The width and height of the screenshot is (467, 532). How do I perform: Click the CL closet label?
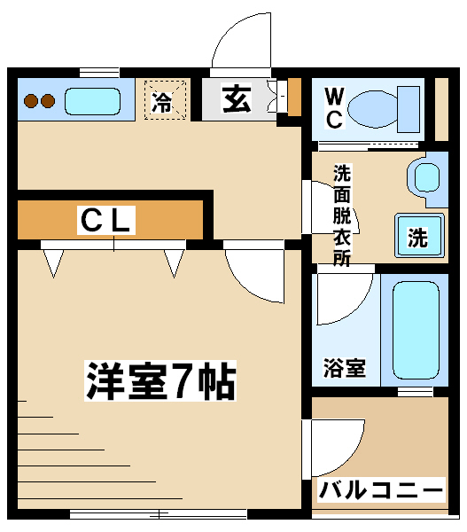click(106, 220)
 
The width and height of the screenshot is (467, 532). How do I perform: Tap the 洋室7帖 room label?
click(160, 380)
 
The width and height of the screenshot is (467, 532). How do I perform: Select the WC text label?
click(334, 108)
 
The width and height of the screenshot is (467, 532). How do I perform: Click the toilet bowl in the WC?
click(372, 109)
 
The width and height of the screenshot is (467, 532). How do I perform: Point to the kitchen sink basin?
click(92, 101)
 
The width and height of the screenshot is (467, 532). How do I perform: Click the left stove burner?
click(31, 101)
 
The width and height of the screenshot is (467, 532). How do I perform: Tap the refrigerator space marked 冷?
click(165, 99)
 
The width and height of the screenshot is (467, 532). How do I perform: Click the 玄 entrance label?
click(237, 98)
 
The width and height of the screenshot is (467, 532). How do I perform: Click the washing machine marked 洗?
click(419, 235)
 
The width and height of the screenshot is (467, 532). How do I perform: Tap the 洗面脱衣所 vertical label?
click(342, 215)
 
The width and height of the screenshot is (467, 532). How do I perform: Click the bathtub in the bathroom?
click(416, 330)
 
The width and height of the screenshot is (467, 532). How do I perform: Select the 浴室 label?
click(345, 368)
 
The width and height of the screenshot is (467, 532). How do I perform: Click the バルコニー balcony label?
click(381, 490)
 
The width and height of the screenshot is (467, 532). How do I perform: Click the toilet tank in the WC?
click(409, 109)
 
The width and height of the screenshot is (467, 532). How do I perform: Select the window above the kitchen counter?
click(99, 73)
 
